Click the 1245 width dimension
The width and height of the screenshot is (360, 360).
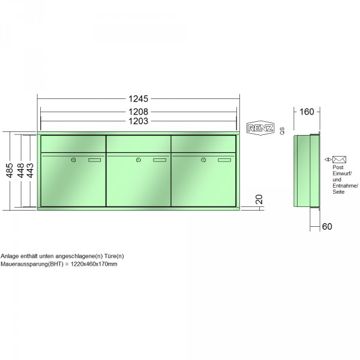[138, 99]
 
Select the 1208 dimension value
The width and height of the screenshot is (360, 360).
[138, 112]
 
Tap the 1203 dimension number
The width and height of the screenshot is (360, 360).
[138, 121]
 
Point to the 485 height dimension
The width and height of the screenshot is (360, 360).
[10, 170]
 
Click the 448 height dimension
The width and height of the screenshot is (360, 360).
[20, 170]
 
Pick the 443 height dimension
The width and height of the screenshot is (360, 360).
[30, 170]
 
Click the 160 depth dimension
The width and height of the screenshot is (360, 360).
[307, 112]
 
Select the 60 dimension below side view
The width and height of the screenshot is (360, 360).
[327, 227]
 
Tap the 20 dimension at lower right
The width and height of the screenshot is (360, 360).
[259, 199]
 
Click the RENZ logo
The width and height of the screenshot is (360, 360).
[260, 128]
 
